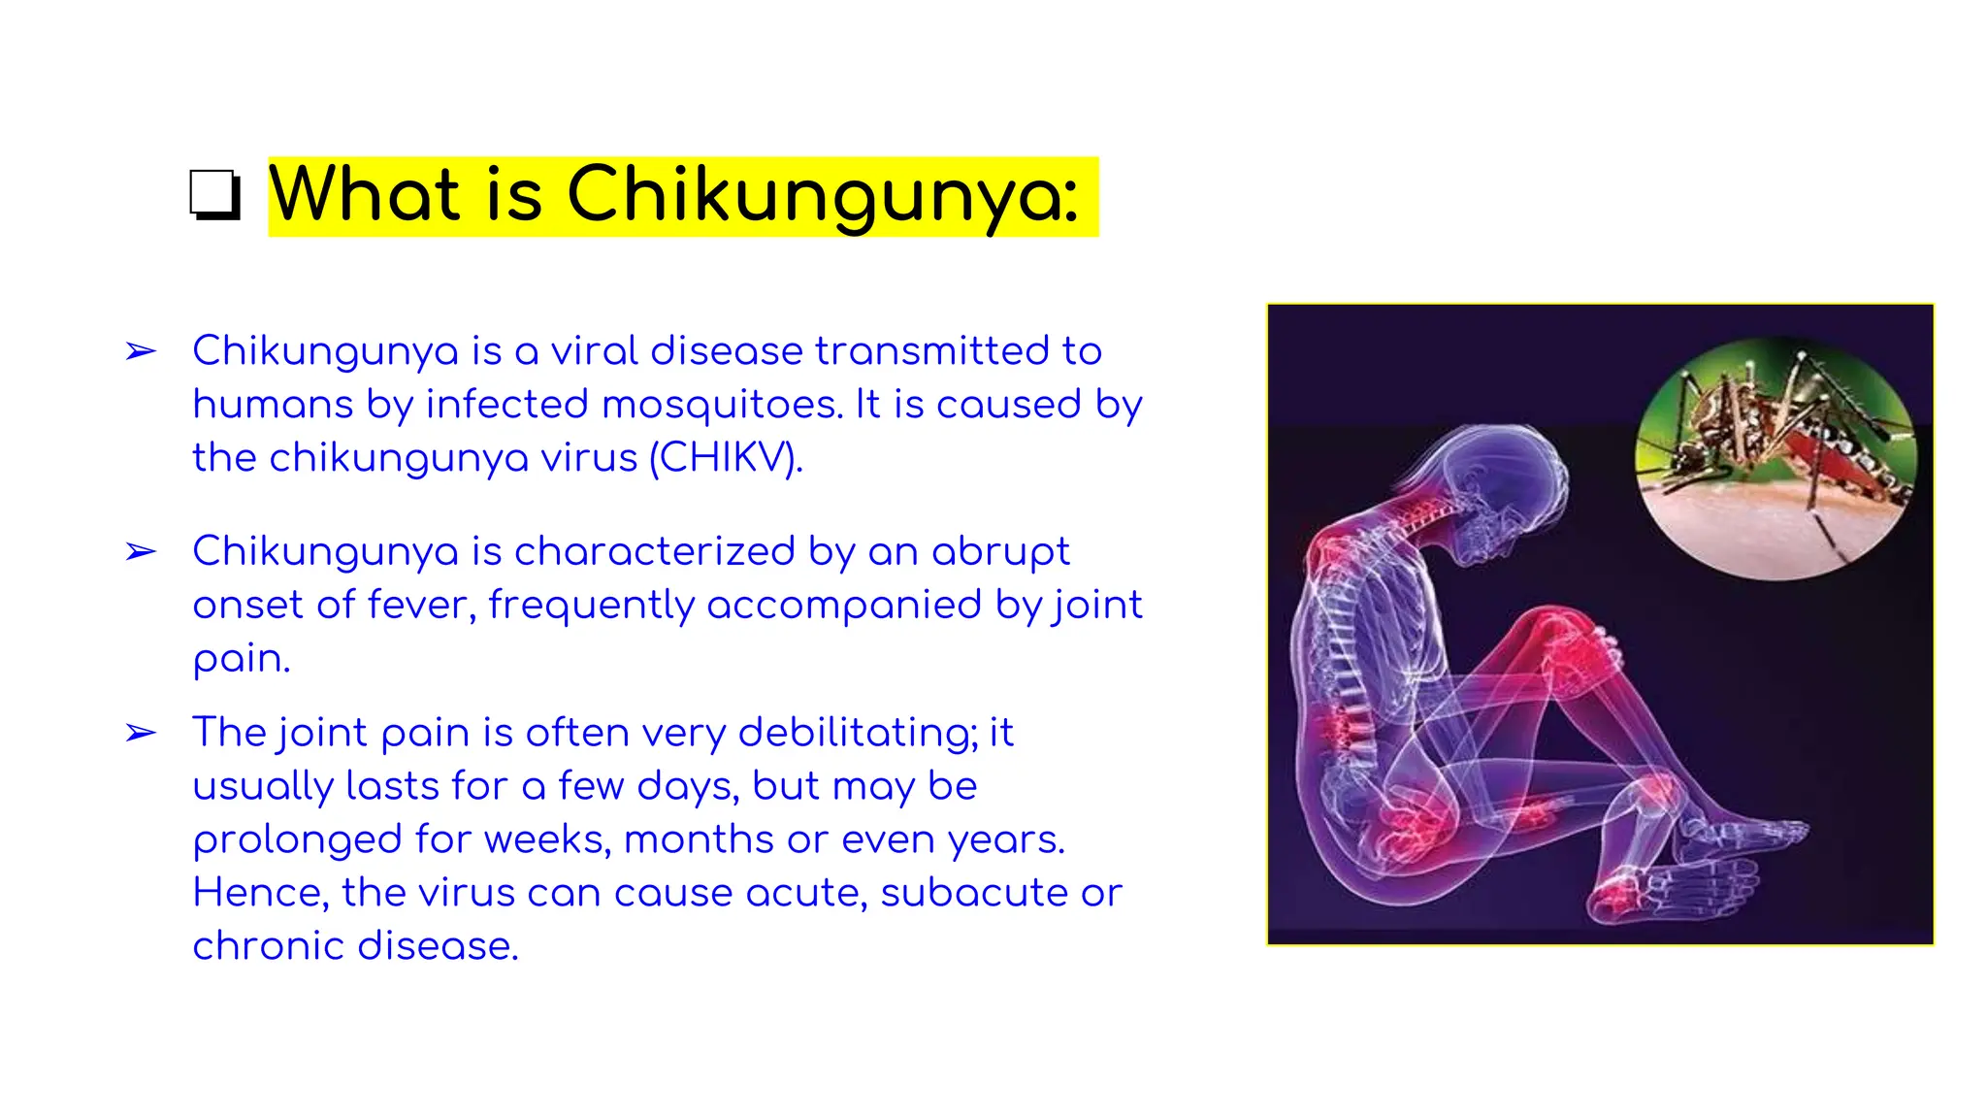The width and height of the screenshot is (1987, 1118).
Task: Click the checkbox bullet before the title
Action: click(x=214, y=195)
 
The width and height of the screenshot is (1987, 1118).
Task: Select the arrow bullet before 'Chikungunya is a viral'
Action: click(x=141, y=351)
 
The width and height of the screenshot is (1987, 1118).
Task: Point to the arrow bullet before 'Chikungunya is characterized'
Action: click(x=141, y=552)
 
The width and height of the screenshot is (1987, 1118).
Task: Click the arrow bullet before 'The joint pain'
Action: click(x=141, y=733)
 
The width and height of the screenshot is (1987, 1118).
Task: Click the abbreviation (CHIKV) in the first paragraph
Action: click(x=725, y=458)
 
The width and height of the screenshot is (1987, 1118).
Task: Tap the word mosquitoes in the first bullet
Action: click(x=722, y=405)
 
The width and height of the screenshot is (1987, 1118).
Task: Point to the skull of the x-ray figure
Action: click(x=1499, y=480)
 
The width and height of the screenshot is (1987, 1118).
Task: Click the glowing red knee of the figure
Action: click(x=1572, y=645)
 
